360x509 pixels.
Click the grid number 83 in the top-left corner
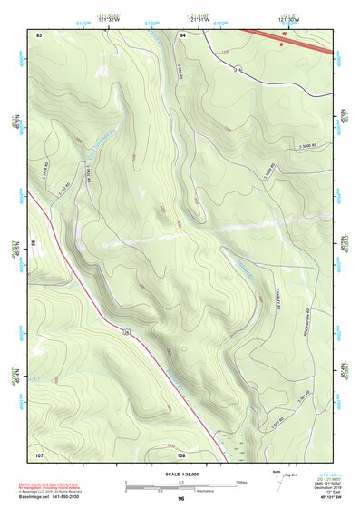click(x=39, y=34)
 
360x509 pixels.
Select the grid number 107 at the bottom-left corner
click(x=39, y=453)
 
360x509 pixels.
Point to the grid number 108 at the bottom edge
click(x=181, y=454)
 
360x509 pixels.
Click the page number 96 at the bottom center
click(x=181, y=498)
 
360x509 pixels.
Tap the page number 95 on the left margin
click(x=32, y=243)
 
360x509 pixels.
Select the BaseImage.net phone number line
click(x=51, y=497)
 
